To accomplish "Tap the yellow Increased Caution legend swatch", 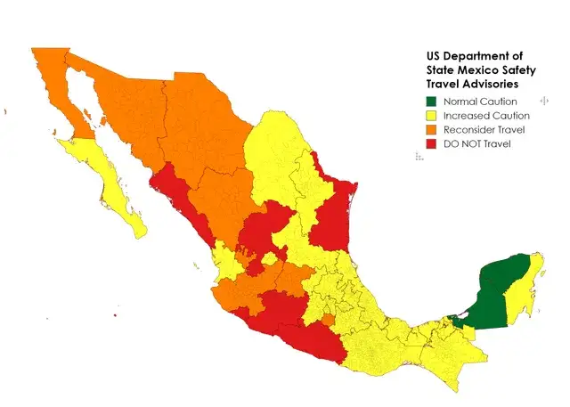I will pyautogui.click(x=432, y=116).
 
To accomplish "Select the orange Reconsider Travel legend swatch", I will pyautogui.click(x=432, y=130).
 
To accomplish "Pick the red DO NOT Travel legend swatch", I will pyautogui.click(x=432, y=143).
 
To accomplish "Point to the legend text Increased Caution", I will pyautogui.click(x=486, y=116).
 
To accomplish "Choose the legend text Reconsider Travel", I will pyautogui.click(x=485, y=130).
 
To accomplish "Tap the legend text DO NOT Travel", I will pyautogui.click(x=478, y=143).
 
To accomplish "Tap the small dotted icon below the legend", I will pyautogui.click(x=419, y=156).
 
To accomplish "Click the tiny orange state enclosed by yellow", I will pyautogui.click(x=328, y=319).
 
